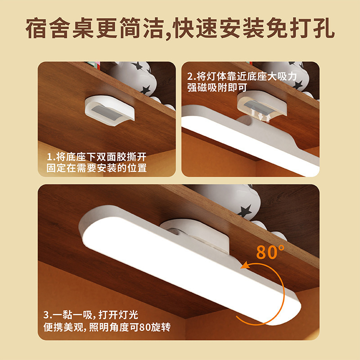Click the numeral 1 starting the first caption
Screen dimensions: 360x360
[x=49, y=157]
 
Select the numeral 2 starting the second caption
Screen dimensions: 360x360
[x=190, y=76]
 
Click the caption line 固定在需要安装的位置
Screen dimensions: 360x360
[x=97, y=168]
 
